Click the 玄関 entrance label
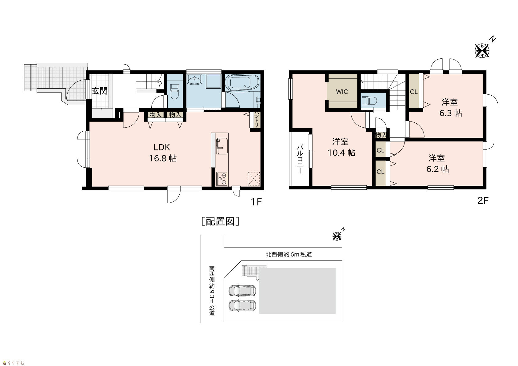99,91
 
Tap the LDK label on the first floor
162,147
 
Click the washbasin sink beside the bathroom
194,80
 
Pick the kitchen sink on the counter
222,146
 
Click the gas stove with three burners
222,179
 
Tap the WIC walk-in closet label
342,92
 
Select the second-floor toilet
369,101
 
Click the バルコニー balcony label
300,159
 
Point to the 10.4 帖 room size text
341,153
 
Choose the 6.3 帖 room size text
451,113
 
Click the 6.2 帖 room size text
437,169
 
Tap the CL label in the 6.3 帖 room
414,92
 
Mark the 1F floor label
256,202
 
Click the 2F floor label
483,201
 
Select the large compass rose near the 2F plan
482,51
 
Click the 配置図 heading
220,221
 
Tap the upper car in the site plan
242,291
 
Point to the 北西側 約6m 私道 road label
289,255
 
